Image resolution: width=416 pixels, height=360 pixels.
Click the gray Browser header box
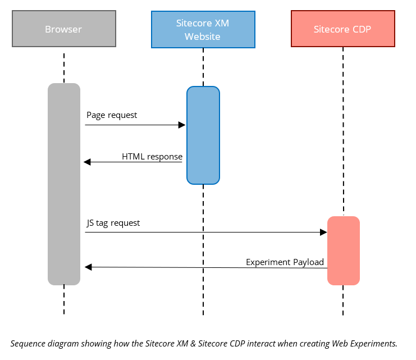pos(63,29)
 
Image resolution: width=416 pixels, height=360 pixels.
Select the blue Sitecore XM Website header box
pos(203,29)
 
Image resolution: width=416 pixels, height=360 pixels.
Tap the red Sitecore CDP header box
pos(342,29)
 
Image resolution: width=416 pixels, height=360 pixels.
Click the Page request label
pos(112,115)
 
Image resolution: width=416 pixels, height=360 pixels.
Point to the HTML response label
pos(152,157)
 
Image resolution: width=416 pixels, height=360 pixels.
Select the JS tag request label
pos(113,223)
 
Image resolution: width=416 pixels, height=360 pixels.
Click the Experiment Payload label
pos(285,262)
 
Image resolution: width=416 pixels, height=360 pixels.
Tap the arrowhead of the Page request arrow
pos(182,125)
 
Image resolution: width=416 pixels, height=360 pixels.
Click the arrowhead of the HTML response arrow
pos(88,162)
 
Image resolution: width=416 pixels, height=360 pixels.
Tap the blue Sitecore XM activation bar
pos(203,135)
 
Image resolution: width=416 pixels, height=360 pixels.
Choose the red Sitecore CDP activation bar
pos(343,250)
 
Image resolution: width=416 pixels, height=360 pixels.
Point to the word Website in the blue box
pos(203,37)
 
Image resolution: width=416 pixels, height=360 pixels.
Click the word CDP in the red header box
pos(361,29)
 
